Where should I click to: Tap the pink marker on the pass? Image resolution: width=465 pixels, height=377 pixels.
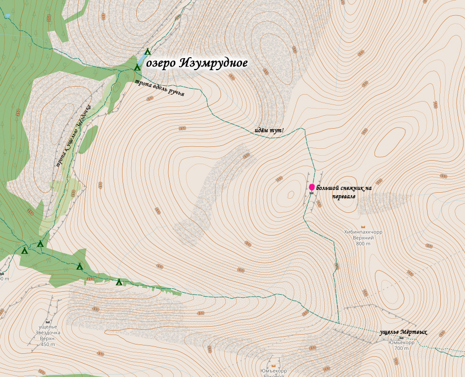point(311,187)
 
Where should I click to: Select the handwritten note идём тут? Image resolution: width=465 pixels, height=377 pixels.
point(269,130)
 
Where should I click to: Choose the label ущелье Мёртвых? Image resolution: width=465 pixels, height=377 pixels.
point(403,332)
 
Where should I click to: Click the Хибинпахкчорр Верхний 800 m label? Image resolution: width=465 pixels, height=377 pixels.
point(363,238)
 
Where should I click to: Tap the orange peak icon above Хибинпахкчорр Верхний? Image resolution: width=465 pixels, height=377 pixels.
point(363,227)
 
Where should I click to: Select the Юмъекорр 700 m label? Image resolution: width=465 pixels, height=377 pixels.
point(401,345)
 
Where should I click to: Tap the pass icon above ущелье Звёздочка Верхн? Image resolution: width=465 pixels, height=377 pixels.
point(48,322)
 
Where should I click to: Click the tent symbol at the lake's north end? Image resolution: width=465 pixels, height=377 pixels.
point(147,52)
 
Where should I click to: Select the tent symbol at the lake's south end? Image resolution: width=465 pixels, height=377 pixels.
point(137,67)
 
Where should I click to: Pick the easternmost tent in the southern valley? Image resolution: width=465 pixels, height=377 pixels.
point(119,282)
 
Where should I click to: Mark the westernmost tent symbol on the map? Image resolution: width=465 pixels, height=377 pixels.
point(25,250)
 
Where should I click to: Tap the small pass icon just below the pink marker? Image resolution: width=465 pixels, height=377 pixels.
point(311,193)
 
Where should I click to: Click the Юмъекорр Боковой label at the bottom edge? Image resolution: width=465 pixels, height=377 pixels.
point(274,372)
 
